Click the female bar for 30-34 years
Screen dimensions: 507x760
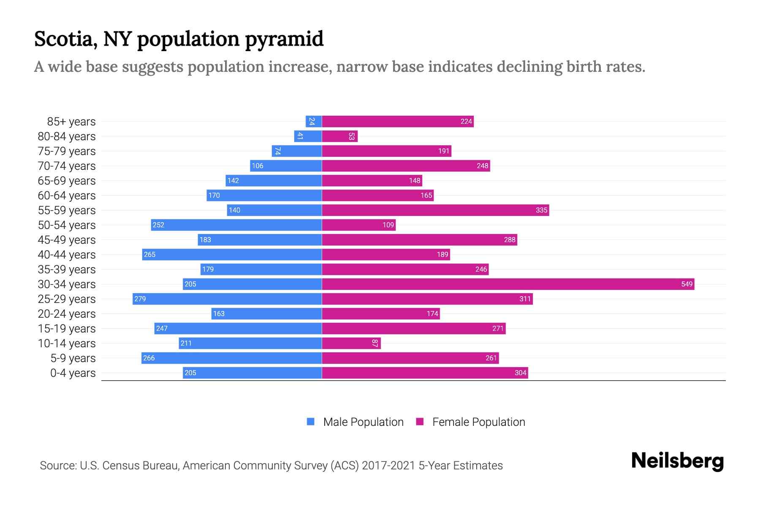[x=508, y=284]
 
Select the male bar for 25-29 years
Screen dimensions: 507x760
[x=227, y=299]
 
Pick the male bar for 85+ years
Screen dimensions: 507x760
[x=314, y=121]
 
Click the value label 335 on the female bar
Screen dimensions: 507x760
[x=541, y=210]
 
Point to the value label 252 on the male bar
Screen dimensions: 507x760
[x=158, y=225]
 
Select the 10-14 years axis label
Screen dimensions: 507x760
[x=67, y=343]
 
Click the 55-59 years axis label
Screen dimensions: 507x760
[x=67, y=210]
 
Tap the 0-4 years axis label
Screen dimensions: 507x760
[x=73, y=373]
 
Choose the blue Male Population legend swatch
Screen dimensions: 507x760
[x=311, y=422]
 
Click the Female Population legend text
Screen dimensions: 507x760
[x=478, y=422]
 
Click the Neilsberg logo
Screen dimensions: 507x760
[x=677, y=461]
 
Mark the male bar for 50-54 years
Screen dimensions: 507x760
[x=236, y=225]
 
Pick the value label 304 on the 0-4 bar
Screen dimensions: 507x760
[x=520, y=373]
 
